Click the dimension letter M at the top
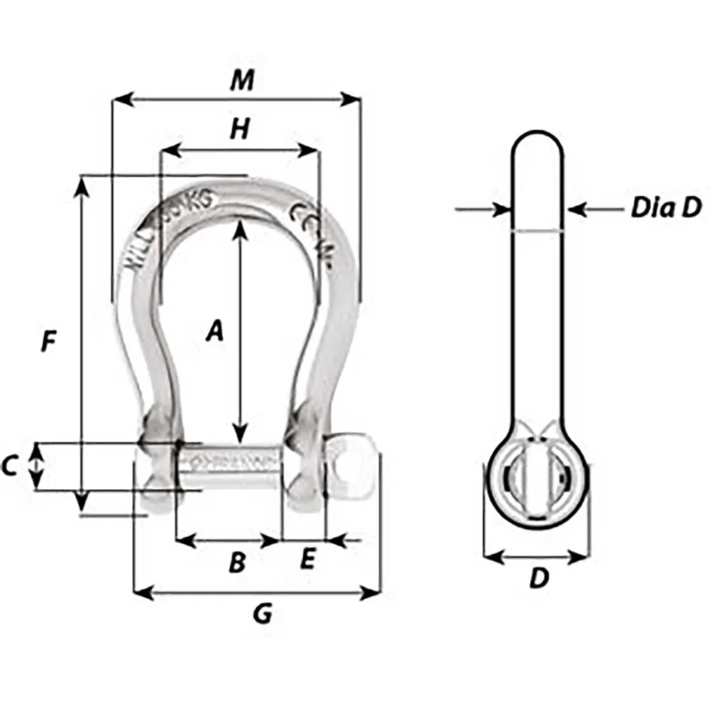[242, 81]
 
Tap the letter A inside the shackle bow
[214, 331]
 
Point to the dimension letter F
[48, 342]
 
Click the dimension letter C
[10, 466]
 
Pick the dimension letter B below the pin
[236, 563]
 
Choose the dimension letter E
[307, 560]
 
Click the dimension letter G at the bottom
[263, 615]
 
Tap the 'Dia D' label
[665, 208]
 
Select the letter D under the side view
[540, 579]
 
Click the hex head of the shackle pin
[352, 466]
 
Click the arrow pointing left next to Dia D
[577, 209]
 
